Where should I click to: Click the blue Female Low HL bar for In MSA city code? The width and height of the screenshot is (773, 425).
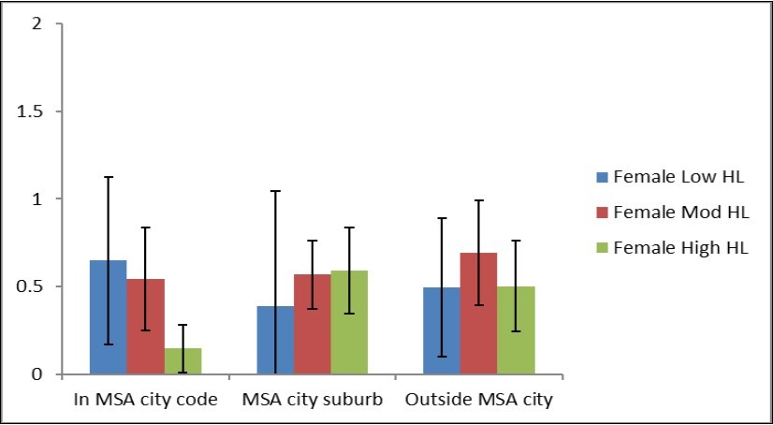pos(108,318)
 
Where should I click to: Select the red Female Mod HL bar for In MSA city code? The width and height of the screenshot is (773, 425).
pos(145,328)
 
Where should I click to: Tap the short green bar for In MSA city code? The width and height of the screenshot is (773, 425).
pos(182,361)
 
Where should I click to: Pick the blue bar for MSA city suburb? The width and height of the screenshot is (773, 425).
pos(274,341)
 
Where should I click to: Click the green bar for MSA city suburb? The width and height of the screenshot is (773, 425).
pos(349,323)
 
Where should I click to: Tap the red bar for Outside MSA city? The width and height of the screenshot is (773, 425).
pos(478,314)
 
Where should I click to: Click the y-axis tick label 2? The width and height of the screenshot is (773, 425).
pos(36,23)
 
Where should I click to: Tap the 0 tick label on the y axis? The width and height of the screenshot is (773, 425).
pos(36,374)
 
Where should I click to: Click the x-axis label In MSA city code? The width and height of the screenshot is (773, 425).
pos(145,400)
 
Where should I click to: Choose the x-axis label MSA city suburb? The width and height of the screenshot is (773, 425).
pos(312,400)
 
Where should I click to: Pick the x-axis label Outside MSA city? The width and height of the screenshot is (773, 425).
pos(478,400)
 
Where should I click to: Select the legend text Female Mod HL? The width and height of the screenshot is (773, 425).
pos(660,212)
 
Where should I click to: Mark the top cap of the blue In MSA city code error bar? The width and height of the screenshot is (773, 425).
pos(108,177)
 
